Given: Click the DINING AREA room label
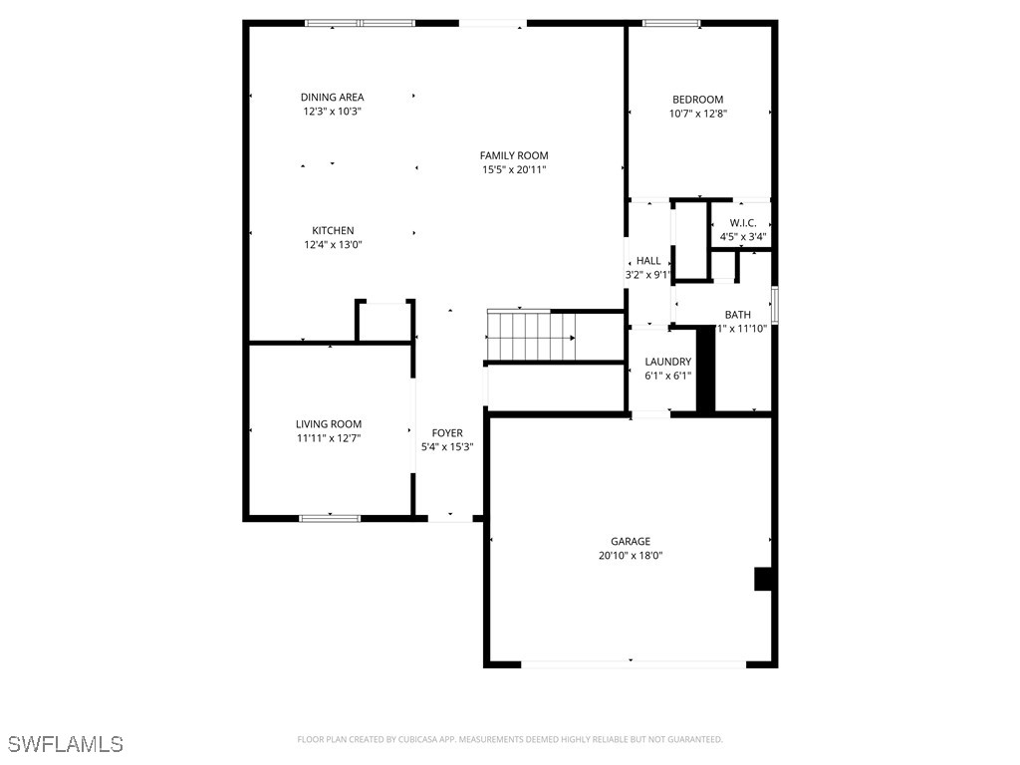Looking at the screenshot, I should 332,98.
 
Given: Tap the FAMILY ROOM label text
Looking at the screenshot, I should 514,155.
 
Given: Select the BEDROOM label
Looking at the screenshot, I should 697,100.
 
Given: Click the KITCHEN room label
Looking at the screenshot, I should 333,231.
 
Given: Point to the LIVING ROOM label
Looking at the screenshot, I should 329,424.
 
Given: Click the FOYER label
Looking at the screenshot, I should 447,433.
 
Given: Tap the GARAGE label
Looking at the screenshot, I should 631,542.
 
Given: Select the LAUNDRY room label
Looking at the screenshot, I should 667,363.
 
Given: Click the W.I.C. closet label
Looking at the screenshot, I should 743,223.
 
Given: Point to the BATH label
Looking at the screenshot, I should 738,315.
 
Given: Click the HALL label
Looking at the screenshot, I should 648,261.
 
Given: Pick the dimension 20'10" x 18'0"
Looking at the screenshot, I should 631,556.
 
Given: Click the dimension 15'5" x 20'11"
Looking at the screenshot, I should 514,169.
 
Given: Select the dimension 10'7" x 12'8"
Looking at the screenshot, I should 697,114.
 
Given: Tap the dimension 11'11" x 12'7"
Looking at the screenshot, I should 329,438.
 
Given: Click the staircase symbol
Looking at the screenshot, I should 531,336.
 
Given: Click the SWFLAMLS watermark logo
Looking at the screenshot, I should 65,744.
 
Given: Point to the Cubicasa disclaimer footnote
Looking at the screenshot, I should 510,739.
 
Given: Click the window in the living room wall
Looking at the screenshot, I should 330,518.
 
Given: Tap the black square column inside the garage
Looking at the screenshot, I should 764,580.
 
